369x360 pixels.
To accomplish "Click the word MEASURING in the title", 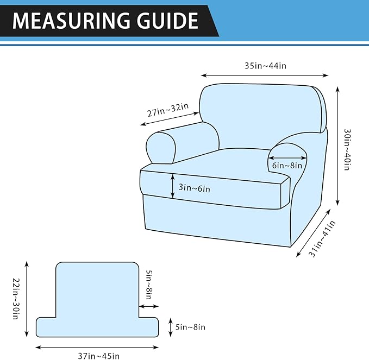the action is tap(71, 21).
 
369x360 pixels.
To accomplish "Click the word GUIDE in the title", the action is tap(167, 21).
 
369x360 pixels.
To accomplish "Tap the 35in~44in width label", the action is tap(265, 66).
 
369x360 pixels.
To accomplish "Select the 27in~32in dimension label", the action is tap(168, 110).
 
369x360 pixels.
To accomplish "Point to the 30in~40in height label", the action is tap(347, 149).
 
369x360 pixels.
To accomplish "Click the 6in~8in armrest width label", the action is tap(287, 166).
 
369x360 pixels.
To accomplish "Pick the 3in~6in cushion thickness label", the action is tap(195, 188).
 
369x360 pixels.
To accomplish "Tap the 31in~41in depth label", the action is tap(322, 239).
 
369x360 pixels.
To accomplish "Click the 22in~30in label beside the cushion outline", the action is tap(16, 299).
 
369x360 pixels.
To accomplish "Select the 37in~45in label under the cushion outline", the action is tap(99, 356).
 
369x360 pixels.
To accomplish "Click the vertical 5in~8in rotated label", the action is tap(149, 285).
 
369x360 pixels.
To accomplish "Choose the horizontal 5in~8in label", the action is tap(190, 327).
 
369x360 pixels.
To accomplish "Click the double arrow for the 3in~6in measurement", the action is tap(173, 186).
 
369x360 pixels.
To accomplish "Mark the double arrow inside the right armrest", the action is tap(287, 158).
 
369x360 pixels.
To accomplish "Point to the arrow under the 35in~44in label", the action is tap(265, 75).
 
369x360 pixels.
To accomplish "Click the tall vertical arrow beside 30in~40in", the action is tap(337, 146).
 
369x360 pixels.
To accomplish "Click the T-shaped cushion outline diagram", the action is tap(97, 299).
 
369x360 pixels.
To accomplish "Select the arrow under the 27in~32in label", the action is tap(170, 119).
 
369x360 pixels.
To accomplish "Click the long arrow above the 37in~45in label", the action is tap(97, 348).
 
